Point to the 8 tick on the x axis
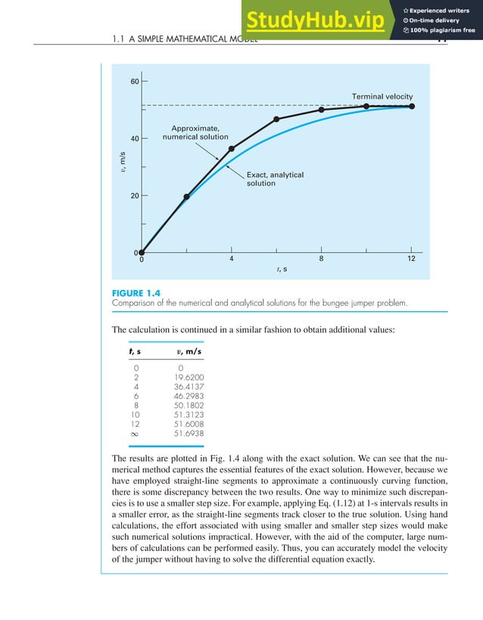coord(321,258)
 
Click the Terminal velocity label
coord(382,97)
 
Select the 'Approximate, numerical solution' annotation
coord(195,132)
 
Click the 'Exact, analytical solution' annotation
coord(275,179)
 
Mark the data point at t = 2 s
coord(186,197)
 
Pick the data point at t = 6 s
coord(276,119)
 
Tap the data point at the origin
coord(142,253)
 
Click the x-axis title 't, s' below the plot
coord(281,269)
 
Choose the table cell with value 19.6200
coord(189,376)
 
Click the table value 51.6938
coord(189,434)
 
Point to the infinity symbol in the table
coord(136,434)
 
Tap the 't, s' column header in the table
coord(136,351)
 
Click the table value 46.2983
coord(189,395)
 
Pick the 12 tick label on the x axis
coord(411,258)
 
